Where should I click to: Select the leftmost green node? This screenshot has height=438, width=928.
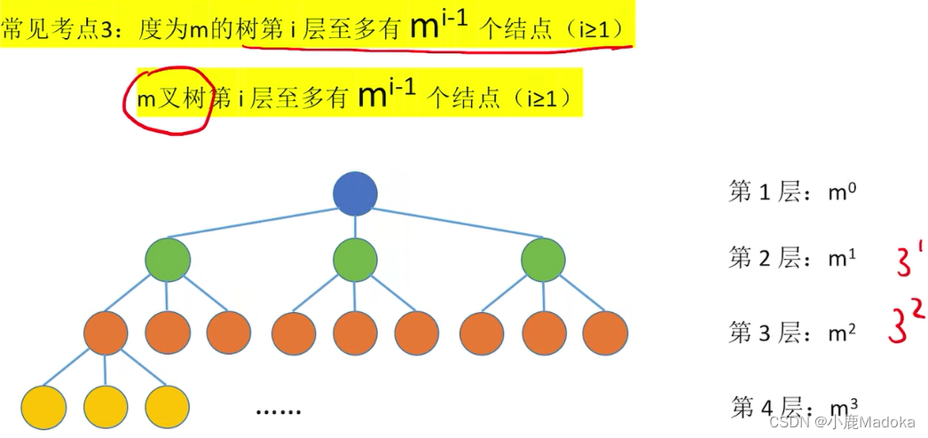(168, 260)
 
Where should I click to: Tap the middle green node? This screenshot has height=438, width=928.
(355, 260)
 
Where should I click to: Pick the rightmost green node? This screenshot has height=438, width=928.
(542, 260)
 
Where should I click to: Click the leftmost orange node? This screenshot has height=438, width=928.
(106, 333)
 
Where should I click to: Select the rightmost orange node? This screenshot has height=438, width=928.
(606, 333)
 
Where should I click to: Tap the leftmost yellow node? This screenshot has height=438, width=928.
(43, 405)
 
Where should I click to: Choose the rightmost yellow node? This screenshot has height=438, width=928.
(168, 405)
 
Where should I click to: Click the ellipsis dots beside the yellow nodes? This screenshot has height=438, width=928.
(279, 411)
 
